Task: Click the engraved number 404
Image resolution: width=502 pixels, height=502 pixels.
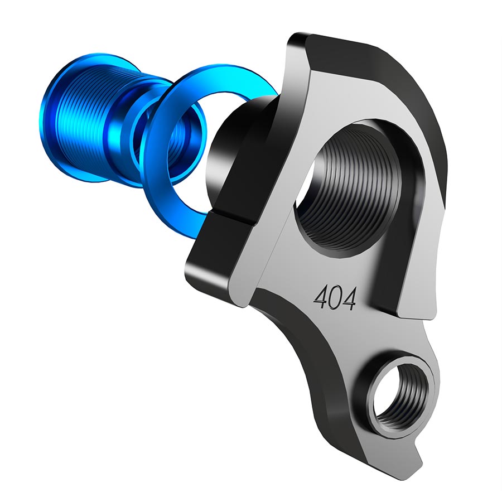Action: [335, 299]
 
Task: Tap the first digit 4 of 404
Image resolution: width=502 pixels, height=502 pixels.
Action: [320, 300]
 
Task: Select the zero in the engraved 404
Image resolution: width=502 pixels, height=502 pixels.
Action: [335, 299]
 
